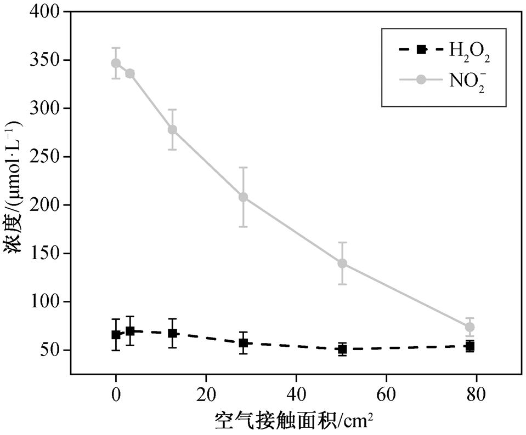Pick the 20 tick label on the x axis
coord(206,393)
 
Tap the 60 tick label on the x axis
coord(386,393)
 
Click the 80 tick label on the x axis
coord(476,393)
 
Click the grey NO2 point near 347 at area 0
coord(116,63)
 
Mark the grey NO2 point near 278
coord(172,130)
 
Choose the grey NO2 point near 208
coord(243,197)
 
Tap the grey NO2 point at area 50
coord(342,263)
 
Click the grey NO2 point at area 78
coord(470,327)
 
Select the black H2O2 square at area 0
coord(116,334)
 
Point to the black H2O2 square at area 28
coord(243,343)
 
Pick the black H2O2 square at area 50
coord(342,349)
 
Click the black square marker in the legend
coord(421,49)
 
